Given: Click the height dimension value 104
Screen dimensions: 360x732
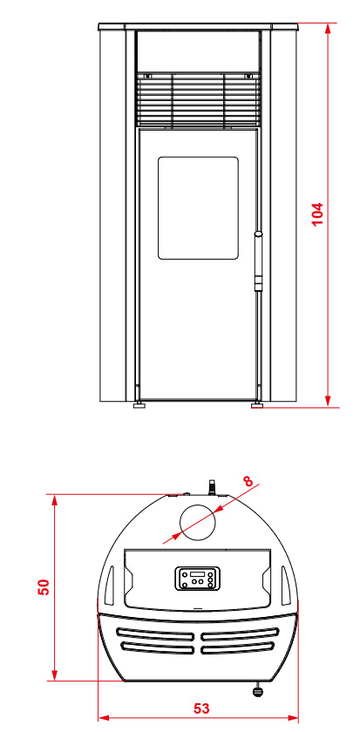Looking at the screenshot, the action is tap(317, 213).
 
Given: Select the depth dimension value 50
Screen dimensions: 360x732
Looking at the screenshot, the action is tap(44, 586).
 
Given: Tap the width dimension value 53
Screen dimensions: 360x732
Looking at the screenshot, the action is tap(201, 708).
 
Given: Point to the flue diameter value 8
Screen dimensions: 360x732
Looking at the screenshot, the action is tap(248, 481).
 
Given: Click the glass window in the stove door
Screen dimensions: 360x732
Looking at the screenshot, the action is tap(198, 207).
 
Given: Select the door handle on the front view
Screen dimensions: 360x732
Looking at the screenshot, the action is tap(258, 261).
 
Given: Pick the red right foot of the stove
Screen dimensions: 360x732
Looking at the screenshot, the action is tap(257, 405).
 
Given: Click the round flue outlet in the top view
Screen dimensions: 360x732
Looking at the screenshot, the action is tap(198, 522).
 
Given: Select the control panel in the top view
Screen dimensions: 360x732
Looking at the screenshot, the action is tap(197, 579).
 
